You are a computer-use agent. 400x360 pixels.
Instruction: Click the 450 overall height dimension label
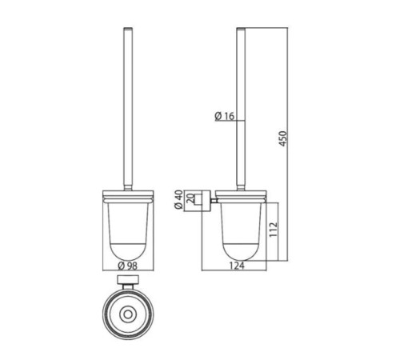(x=283, y=138)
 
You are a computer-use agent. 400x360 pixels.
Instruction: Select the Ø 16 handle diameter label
(x=224, y=116)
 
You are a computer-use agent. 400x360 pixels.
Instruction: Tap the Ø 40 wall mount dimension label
(x=178, y=199)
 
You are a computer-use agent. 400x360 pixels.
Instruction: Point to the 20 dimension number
(x=190, y=199)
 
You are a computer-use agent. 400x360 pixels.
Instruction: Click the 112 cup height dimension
(x=273, y=230)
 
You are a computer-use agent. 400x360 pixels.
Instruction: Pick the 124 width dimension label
(x=237, y=266)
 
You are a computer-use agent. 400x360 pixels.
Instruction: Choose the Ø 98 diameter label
(x=128, y=266)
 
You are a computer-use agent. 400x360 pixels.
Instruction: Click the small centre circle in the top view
(x=128, y=314)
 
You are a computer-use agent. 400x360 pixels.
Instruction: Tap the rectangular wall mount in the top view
(x=128, y=280)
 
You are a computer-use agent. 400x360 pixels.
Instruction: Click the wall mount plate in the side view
(x=206, y=201)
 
